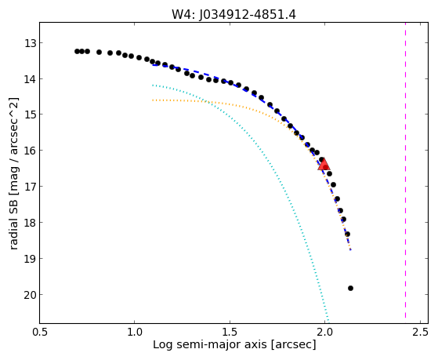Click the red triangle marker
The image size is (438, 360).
click(324, 165)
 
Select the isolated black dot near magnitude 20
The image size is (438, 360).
click(350, 288)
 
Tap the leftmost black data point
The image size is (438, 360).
click(77, 51)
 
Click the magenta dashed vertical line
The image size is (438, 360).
click(405, 173)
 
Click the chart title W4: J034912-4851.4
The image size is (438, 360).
click(233, 14)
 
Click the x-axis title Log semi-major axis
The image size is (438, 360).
click(210, 344)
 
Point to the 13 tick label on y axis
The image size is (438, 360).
click(30, 44)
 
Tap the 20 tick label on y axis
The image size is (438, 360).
click(30, 295)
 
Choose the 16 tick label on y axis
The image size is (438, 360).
click(30, 151)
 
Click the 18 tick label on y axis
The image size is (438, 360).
click(30, 223)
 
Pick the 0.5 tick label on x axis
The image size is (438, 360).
click(40, 332)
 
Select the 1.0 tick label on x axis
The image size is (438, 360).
click(134, 332)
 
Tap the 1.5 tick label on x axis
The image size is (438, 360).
click(230, 332)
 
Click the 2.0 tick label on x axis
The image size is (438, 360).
click(324, 332)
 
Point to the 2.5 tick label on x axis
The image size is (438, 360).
click(420, 332)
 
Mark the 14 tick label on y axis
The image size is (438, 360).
click(30, 79)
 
